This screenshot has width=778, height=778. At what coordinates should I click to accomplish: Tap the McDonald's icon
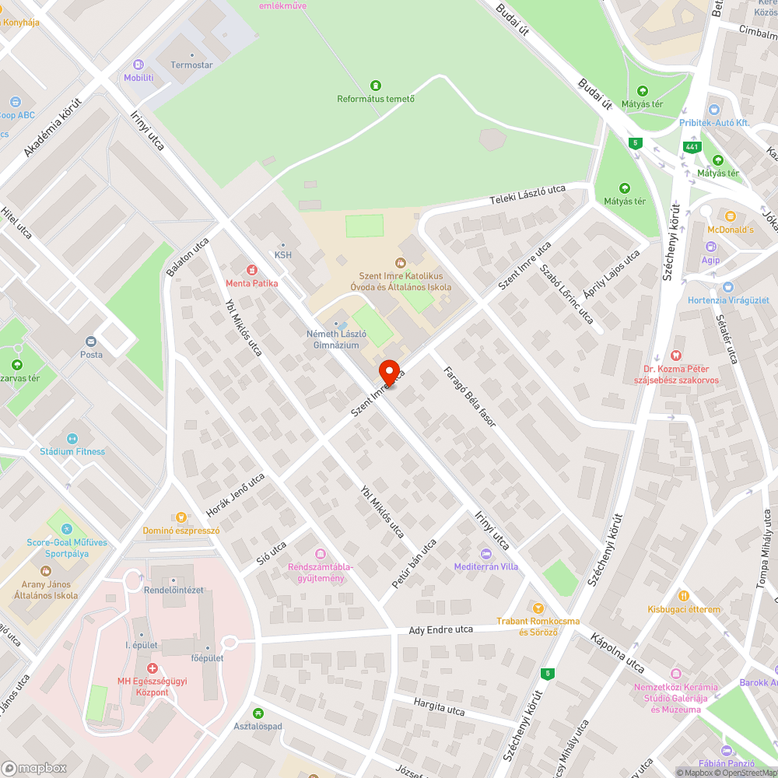click(x=730, y=216)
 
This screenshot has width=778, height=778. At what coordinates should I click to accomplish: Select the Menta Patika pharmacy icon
click(x=251, y=269)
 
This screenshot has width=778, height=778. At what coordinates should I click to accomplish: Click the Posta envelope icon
click(x=91, y=341)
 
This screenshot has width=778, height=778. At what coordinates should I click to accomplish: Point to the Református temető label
click(x=376, y=99)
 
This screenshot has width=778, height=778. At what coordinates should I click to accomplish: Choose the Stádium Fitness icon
click(x=72, y=439)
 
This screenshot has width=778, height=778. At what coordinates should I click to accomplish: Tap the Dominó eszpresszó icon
click(x=181, y=517)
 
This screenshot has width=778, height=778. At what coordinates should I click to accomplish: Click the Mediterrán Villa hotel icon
click(x=486, y=553)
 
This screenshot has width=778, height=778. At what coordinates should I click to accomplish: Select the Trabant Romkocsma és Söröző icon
click(x=536, y=607)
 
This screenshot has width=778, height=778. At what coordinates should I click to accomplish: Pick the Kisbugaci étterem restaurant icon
click(x=683, y=595)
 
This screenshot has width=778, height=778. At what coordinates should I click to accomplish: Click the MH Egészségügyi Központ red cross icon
click(x=152, y=668)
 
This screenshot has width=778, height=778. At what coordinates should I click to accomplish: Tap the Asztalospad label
click(x=258, y=726)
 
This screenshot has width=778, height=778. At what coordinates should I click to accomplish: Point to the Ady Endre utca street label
click(x=441, y=629)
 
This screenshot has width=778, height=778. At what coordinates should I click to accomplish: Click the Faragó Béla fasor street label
click(x=469, y=396)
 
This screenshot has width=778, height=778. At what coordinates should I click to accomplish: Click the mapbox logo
click(x=33, y=767)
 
